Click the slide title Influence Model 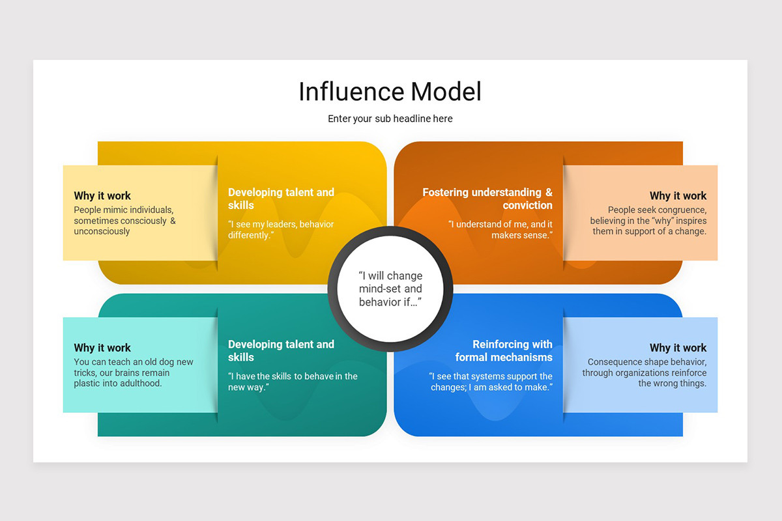pyautogui.click(x=390, y=92)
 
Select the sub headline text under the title pyautogui.click(x=390, y=119)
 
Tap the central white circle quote pyautogui.click(x=390, y=289)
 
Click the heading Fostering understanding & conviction pyautogui.click(x=487, y=199)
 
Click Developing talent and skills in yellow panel pyautogui.click(x=281, y=199)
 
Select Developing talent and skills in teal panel pyautogui.click(x=281, y=350)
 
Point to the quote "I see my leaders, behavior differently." pyautogui.click(x=281, y=229)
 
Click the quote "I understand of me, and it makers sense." pyautogui.click(x=500, y=229)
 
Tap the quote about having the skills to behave pyautogui.click(x=293, y=381)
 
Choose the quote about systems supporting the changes pyautogui.click(x=491, y=381)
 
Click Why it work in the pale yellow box pyautogui.click(x=102, y=195)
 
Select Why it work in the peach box pyautogui.click(x=678, y=195)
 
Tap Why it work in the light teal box pyautogui.click(x=102, y=348)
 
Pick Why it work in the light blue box pyautogui.click(x=678, y=348)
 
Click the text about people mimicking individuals pyautogui.click(x=124, y=220)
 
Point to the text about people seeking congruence pyautogui.click(x=648, y=220)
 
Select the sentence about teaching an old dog pyautogui.click(x=133, y=373)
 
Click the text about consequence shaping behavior pyautogui.click(x=644, y=373)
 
